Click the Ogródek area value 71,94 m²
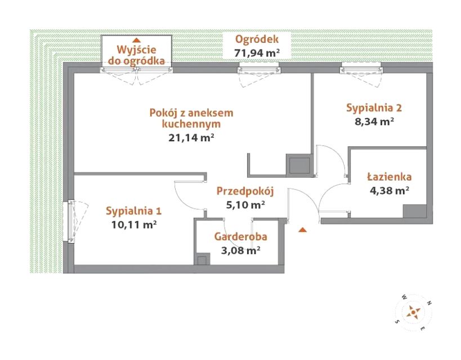[x=257, y=53]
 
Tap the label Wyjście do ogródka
[x=136, y=55]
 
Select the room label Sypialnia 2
[x=374, y=108]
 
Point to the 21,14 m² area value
[x=191, y=138]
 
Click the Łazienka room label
[x=390, y=177]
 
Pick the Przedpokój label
[x=245, y=191]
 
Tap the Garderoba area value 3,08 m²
[x=240, y=250]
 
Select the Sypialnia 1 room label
[x=134, y=211]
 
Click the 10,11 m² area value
[x=134, y=225]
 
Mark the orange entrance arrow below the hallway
[x=302, y=230]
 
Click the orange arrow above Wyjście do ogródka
[x=136, y=40]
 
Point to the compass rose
[x=413, y=312]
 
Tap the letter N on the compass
[x=429, y=303]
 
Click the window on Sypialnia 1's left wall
[x=71, y=222]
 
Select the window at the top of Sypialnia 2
[x=361, y=70]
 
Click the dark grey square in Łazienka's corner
[x=414, y=211]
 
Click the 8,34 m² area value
[x=374, y=121]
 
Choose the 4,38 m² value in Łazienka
[x=390, y=191]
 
